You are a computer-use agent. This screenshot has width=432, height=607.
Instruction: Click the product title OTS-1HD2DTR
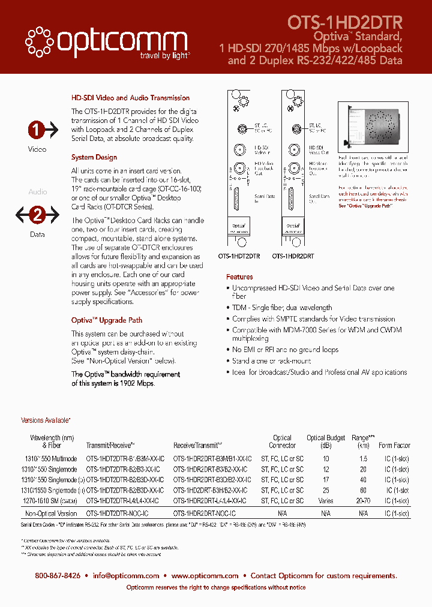[x=345, y=22]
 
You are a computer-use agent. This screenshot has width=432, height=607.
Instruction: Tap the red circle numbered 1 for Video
[x=37, y=130]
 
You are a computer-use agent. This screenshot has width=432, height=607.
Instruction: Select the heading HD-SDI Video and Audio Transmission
[x=130, y=98]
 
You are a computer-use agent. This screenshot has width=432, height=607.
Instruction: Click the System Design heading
[x=94, y=157]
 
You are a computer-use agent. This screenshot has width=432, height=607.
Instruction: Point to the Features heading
[x=239, y=277]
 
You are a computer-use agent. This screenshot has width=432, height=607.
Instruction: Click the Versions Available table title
[x=46, y=420]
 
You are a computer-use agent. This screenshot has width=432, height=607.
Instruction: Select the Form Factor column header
[x=394, y=445]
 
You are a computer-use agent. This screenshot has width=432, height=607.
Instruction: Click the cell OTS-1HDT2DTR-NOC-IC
[x=118, y=513]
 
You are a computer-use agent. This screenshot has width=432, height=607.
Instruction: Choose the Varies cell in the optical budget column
[x=326, y=500]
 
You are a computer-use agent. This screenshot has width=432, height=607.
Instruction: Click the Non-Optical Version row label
[x=51, y=513]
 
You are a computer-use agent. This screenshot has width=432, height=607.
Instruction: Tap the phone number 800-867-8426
[x=58, y=575]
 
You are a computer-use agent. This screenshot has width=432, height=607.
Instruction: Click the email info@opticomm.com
[x=126, y=575]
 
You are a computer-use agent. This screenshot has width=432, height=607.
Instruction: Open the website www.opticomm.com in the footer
[x=205, y=575]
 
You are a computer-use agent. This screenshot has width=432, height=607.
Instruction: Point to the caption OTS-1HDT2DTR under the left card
[x=239, y=256]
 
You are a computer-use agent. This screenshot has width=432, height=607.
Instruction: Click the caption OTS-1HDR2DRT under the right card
[x=293, y=256]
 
